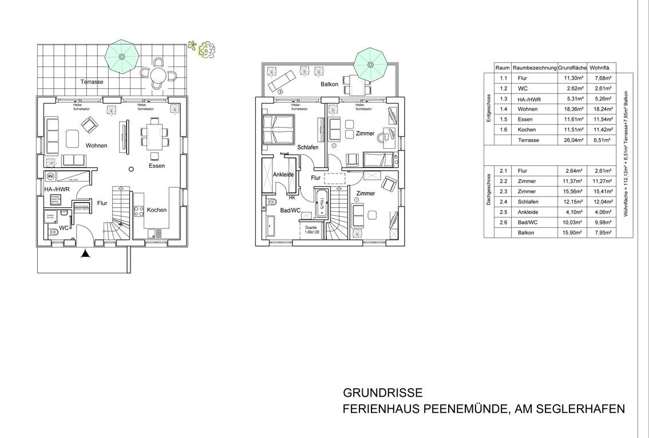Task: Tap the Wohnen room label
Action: click(97, 145)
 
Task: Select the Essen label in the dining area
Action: click(156, 166)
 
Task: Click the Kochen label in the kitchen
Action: click(157, 210)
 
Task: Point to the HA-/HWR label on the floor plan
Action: click(57, 188)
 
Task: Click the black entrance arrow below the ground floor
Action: click(85, 254)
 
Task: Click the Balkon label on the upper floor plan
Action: click(329, 84)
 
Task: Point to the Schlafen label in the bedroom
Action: click(307, 147)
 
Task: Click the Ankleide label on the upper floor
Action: click(283, 175)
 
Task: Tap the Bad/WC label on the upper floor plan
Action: click(291, 211)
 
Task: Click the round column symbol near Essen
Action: click(130, 168)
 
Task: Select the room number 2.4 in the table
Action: click(504, 202)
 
